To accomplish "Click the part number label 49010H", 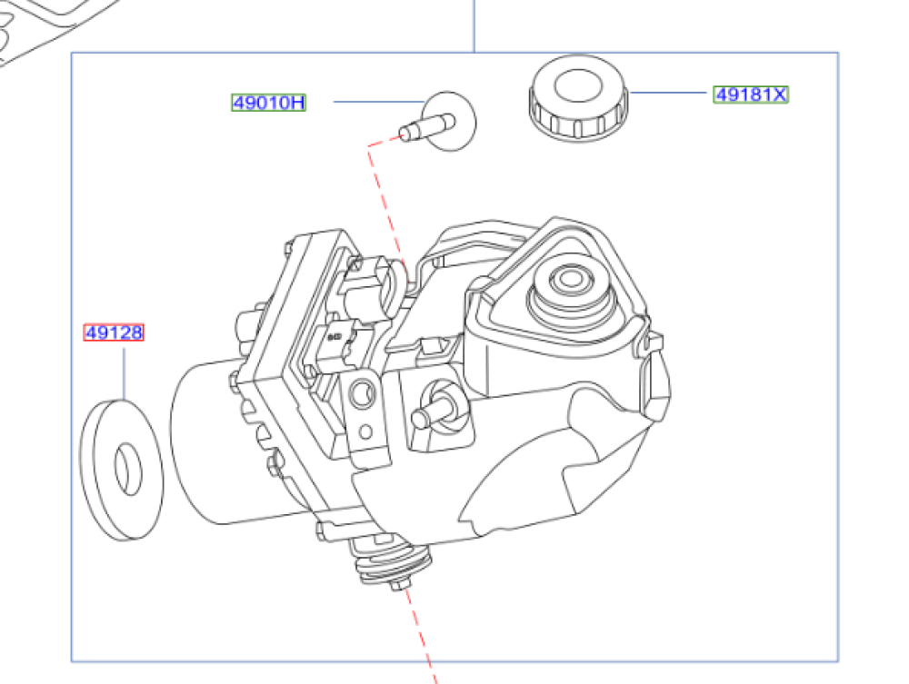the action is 268,103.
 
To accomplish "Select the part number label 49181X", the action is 751,94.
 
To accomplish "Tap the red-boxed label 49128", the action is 114,332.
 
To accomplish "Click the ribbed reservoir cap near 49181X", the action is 578,97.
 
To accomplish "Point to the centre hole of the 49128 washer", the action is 128,469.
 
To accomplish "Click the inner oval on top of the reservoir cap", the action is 578,85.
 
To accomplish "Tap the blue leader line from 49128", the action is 124,373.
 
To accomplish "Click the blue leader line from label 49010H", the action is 380,102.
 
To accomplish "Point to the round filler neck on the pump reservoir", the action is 571,296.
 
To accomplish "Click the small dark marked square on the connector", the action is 335,336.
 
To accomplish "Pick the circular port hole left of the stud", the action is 363,395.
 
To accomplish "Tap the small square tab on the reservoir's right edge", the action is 654,342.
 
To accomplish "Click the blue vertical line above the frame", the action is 474,26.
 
